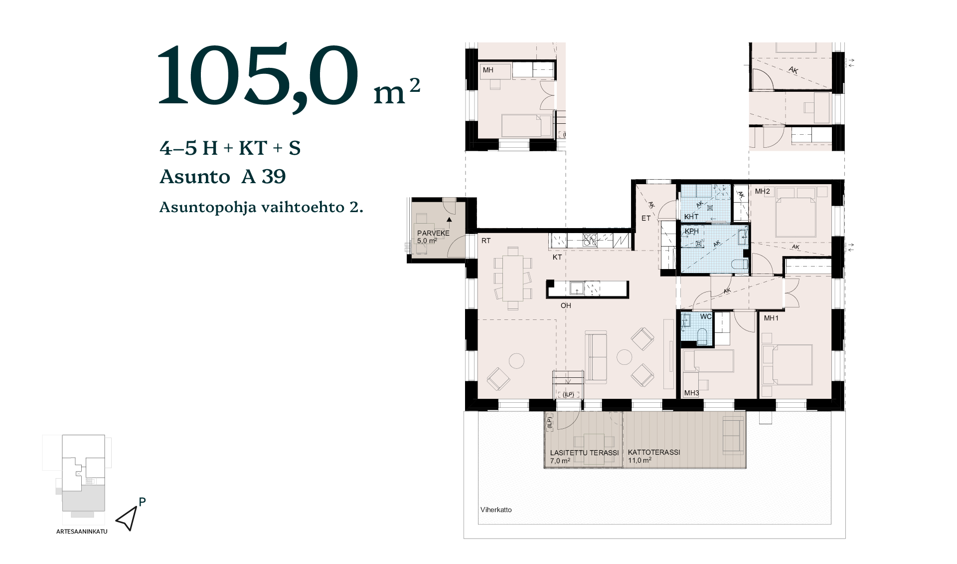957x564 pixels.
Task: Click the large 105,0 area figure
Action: (258, 75)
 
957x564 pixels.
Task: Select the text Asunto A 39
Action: (222, 177)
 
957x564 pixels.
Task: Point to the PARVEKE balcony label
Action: (433, 233)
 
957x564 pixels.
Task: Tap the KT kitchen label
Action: (557, 257)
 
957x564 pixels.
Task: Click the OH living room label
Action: (566, 305)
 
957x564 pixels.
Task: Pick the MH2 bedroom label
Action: (762, 191)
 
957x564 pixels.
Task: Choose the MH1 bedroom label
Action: (771, 318)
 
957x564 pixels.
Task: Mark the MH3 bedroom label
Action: (691, 393)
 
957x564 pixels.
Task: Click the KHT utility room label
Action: (691, 217)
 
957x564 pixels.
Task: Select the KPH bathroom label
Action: (691, 231)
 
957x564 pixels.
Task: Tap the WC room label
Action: (706, 316)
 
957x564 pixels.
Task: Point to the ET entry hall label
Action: (646, 218)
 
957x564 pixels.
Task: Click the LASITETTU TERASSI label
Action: (584, 453)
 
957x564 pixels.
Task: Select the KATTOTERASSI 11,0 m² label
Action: (654, 456)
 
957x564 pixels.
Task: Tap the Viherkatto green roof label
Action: (496, 510)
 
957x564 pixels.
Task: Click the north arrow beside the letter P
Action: (128, 519)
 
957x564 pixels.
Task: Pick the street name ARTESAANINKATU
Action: (82, 532)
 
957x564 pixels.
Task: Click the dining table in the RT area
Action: (512, 278)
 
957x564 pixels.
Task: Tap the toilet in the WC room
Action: (702, 336)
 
